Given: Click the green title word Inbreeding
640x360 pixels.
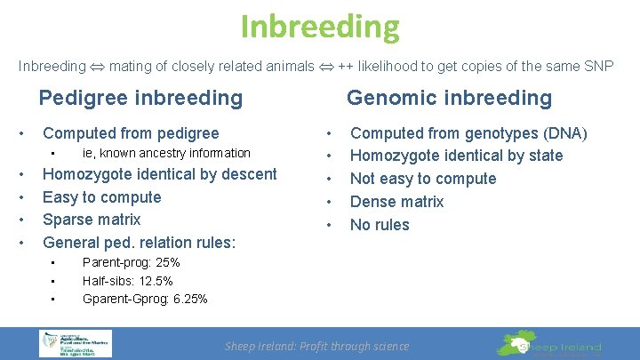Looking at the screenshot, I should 320,27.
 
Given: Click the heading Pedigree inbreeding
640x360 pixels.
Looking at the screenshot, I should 140,98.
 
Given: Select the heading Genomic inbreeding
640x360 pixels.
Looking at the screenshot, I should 449,98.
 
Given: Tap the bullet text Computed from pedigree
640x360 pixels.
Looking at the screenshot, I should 131,133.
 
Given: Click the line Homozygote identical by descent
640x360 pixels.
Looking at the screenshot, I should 160,174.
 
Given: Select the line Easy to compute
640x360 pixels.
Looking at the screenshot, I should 102,197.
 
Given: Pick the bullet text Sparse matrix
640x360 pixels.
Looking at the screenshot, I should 92,220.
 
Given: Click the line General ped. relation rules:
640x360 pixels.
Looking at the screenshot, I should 139,242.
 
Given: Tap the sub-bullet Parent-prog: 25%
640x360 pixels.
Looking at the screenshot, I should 131,262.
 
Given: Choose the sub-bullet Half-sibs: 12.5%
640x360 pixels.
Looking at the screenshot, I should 127,281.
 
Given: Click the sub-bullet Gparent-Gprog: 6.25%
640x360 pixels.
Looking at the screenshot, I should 145,299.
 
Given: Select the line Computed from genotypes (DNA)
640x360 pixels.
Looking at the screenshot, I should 468,133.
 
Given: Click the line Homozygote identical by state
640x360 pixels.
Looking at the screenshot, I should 456,156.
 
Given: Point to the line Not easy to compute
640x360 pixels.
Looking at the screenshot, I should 423,179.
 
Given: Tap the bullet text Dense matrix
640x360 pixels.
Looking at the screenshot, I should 396,202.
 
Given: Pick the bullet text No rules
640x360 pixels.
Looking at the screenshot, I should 380,225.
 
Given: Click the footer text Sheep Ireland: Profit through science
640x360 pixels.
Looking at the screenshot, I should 316,347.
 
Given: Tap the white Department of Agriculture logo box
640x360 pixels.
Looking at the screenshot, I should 75,343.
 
